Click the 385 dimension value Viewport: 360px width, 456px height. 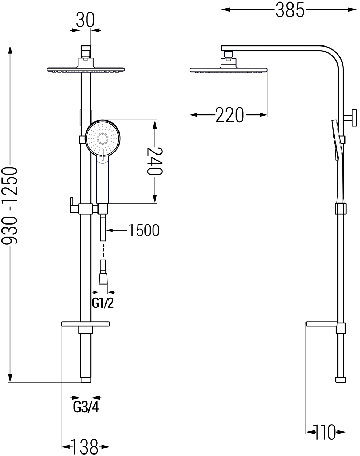pos(290,10)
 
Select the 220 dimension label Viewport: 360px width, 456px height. pos(229,115)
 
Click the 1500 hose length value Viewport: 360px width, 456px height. pos(144,230)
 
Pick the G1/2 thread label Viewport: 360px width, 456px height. pos(103,303)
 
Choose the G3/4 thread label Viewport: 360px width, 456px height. pos(86,407)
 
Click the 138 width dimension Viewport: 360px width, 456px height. pos(84,447)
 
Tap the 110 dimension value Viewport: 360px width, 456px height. pos(324,431)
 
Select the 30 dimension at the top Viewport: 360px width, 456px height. pos(85,20)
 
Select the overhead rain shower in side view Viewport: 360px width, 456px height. pos(229,69)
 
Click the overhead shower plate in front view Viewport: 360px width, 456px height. pos(85,69)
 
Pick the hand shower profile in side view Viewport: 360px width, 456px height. pos(335,144)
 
